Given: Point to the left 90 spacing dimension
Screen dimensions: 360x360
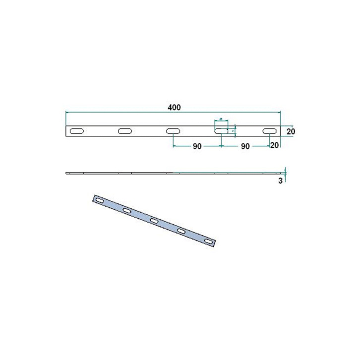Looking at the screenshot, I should pos(197,147).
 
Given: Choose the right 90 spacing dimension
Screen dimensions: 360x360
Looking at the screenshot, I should pos(244,147).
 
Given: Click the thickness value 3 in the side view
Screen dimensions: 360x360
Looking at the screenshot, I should pos(281,181).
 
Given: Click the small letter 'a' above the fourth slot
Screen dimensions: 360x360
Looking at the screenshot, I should pos(221,120).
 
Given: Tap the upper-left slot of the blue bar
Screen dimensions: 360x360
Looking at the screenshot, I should pos(100,200).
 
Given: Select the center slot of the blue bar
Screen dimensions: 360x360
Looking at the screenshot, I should pos(154,221).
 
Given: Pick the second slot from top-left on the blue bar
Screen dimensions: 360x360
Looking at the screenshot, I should pos(127,211).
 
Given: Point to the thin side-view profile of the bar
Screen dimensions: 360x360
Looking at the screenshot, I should pos(149,173).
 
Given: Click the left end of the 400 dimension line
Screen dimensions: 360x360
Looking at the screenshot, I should pos(66,113).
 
